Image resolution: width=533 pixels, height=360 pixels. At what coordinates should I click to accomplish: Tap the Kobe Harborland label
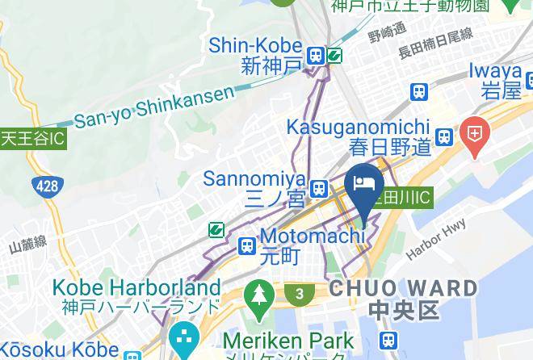pyautogui.click(x=136, y=296)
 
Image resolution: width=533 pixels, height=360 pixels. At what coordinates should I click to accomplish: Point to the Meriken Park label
pyautogui.click(x=288, y=341)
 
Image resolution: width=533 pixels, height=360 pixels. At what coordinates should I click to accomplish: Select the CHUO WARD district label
pyautogui.click(x=403, y=298)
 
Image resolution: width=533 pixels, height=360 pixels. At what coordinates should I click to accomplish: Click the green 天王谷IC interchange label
pyautogui.click(x=32, y=138)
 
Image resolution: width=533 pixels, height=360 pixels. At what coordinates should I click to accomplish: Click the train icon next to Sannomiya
pyautogui.click(x=319, y=188)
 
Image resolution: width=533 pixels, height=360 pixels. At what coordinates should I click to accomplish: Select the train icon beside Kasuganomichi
pyautogui.click(x=443, y=136)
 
